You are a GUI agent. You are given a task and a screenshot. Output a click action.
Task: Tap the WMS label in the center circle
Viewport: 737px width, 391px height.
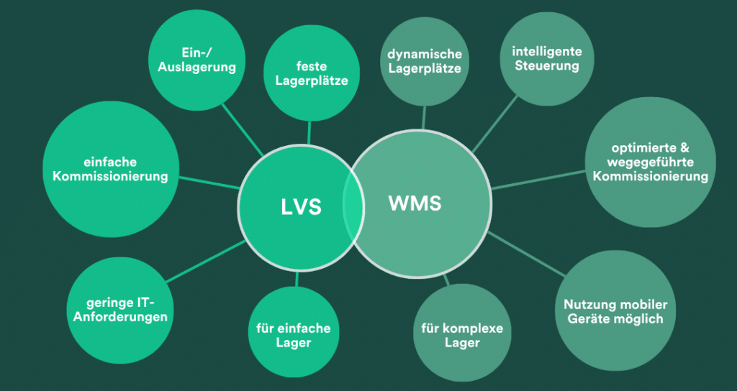(415, 203)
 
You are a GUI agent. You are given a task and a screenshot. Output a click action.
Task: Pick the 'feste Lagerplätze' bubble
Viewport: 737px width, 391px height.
(312, 73)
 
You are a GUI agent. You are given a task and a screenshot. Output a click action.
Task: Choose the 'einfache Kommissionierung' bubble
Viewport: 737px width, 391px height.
(110, 170)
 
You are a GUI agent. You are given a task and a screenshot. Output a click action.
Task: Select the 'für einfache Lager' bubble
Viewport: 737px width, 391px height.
(293, 335)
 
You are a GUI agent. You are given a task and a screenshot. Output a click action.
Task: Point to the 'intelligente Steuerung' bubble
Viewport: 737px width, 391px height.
(547, 59)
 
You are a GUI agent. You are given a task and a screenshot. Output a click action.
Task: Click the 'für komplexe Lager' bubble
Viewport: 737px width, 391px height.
(461, 336)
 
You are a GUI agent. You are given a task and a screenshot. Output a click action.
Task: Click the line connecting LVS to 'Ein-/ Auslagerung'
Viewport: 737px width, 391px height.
(243, 130)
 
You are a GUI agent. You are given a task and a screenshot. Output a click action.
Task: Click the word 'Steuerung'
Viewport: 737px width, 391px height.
(547, 66)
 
